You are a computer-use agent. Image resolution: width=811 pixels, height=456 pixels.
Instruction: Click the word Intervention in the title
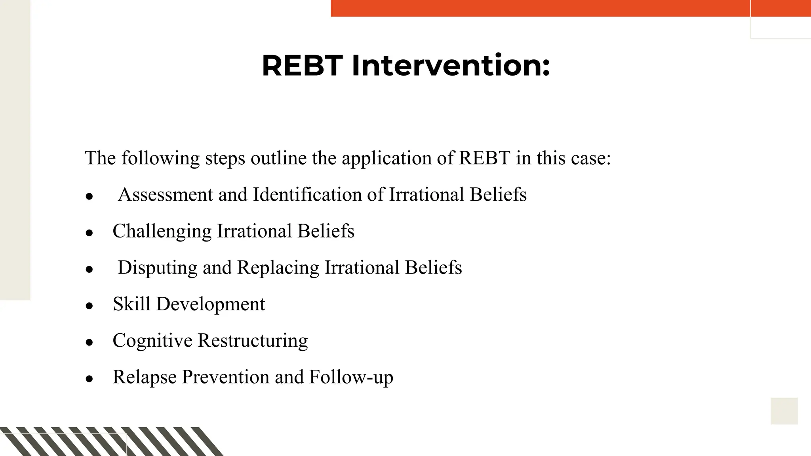coord(451,65)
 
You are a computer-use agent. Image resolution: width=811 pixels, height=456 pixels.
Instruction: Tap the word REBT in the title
coord(302,65)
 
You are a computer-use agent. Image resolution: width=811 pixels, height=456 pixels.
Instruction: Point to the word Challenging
coord(162,231)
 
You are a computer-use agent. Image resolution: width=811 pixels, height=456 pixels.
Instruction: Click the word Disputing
coord(157,268)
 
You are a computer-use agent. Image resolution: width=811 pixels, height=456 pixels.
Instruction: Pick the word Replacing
coord(278,268)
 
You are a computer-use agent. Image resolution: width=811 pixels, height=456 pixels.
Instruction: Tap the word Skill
coord(131,304)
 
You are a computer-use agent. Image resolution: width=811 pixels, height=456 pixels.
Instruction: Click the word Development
coord(211,304)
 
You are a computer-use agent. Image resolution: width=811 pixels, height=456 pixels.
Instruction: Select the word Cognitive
coord(152,340)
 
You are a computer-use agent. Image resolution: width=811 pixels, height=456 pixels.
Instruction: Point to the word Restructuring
coord(253,340)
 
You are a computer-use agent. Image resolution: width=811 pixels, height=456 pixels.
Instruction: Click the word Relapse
coord(145,377)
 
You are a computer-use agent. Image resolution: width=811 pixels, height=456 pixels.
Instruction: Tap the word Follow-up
coord(351,377)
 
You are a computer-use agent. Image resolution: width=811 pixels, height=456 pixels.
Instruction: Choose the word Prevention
coord(225,377)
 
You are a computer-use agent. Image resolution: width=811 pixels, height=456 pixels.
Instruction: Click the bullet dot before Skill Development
coord(89,306)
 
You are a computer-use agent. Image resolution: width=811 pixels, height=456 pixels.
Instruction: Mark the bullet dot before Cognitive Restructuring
coord(89,342)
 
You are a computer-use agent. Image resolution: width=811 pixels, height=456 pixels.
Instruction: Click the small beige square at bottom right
coord(784,411)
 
